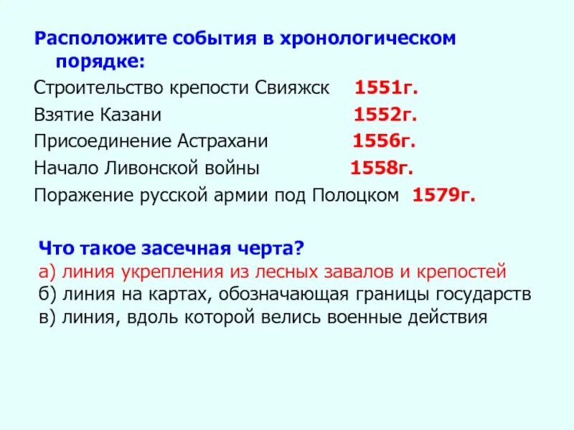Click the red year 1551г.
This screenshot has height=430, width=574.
click(x=386, y=88)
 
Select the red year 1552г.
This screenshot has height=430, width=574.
click(x=385, y=115)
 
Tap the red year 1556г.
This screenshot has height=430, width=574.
click(x=384, y=141)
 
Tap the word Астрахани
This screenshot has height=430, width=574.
click(x=226, y=141)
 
